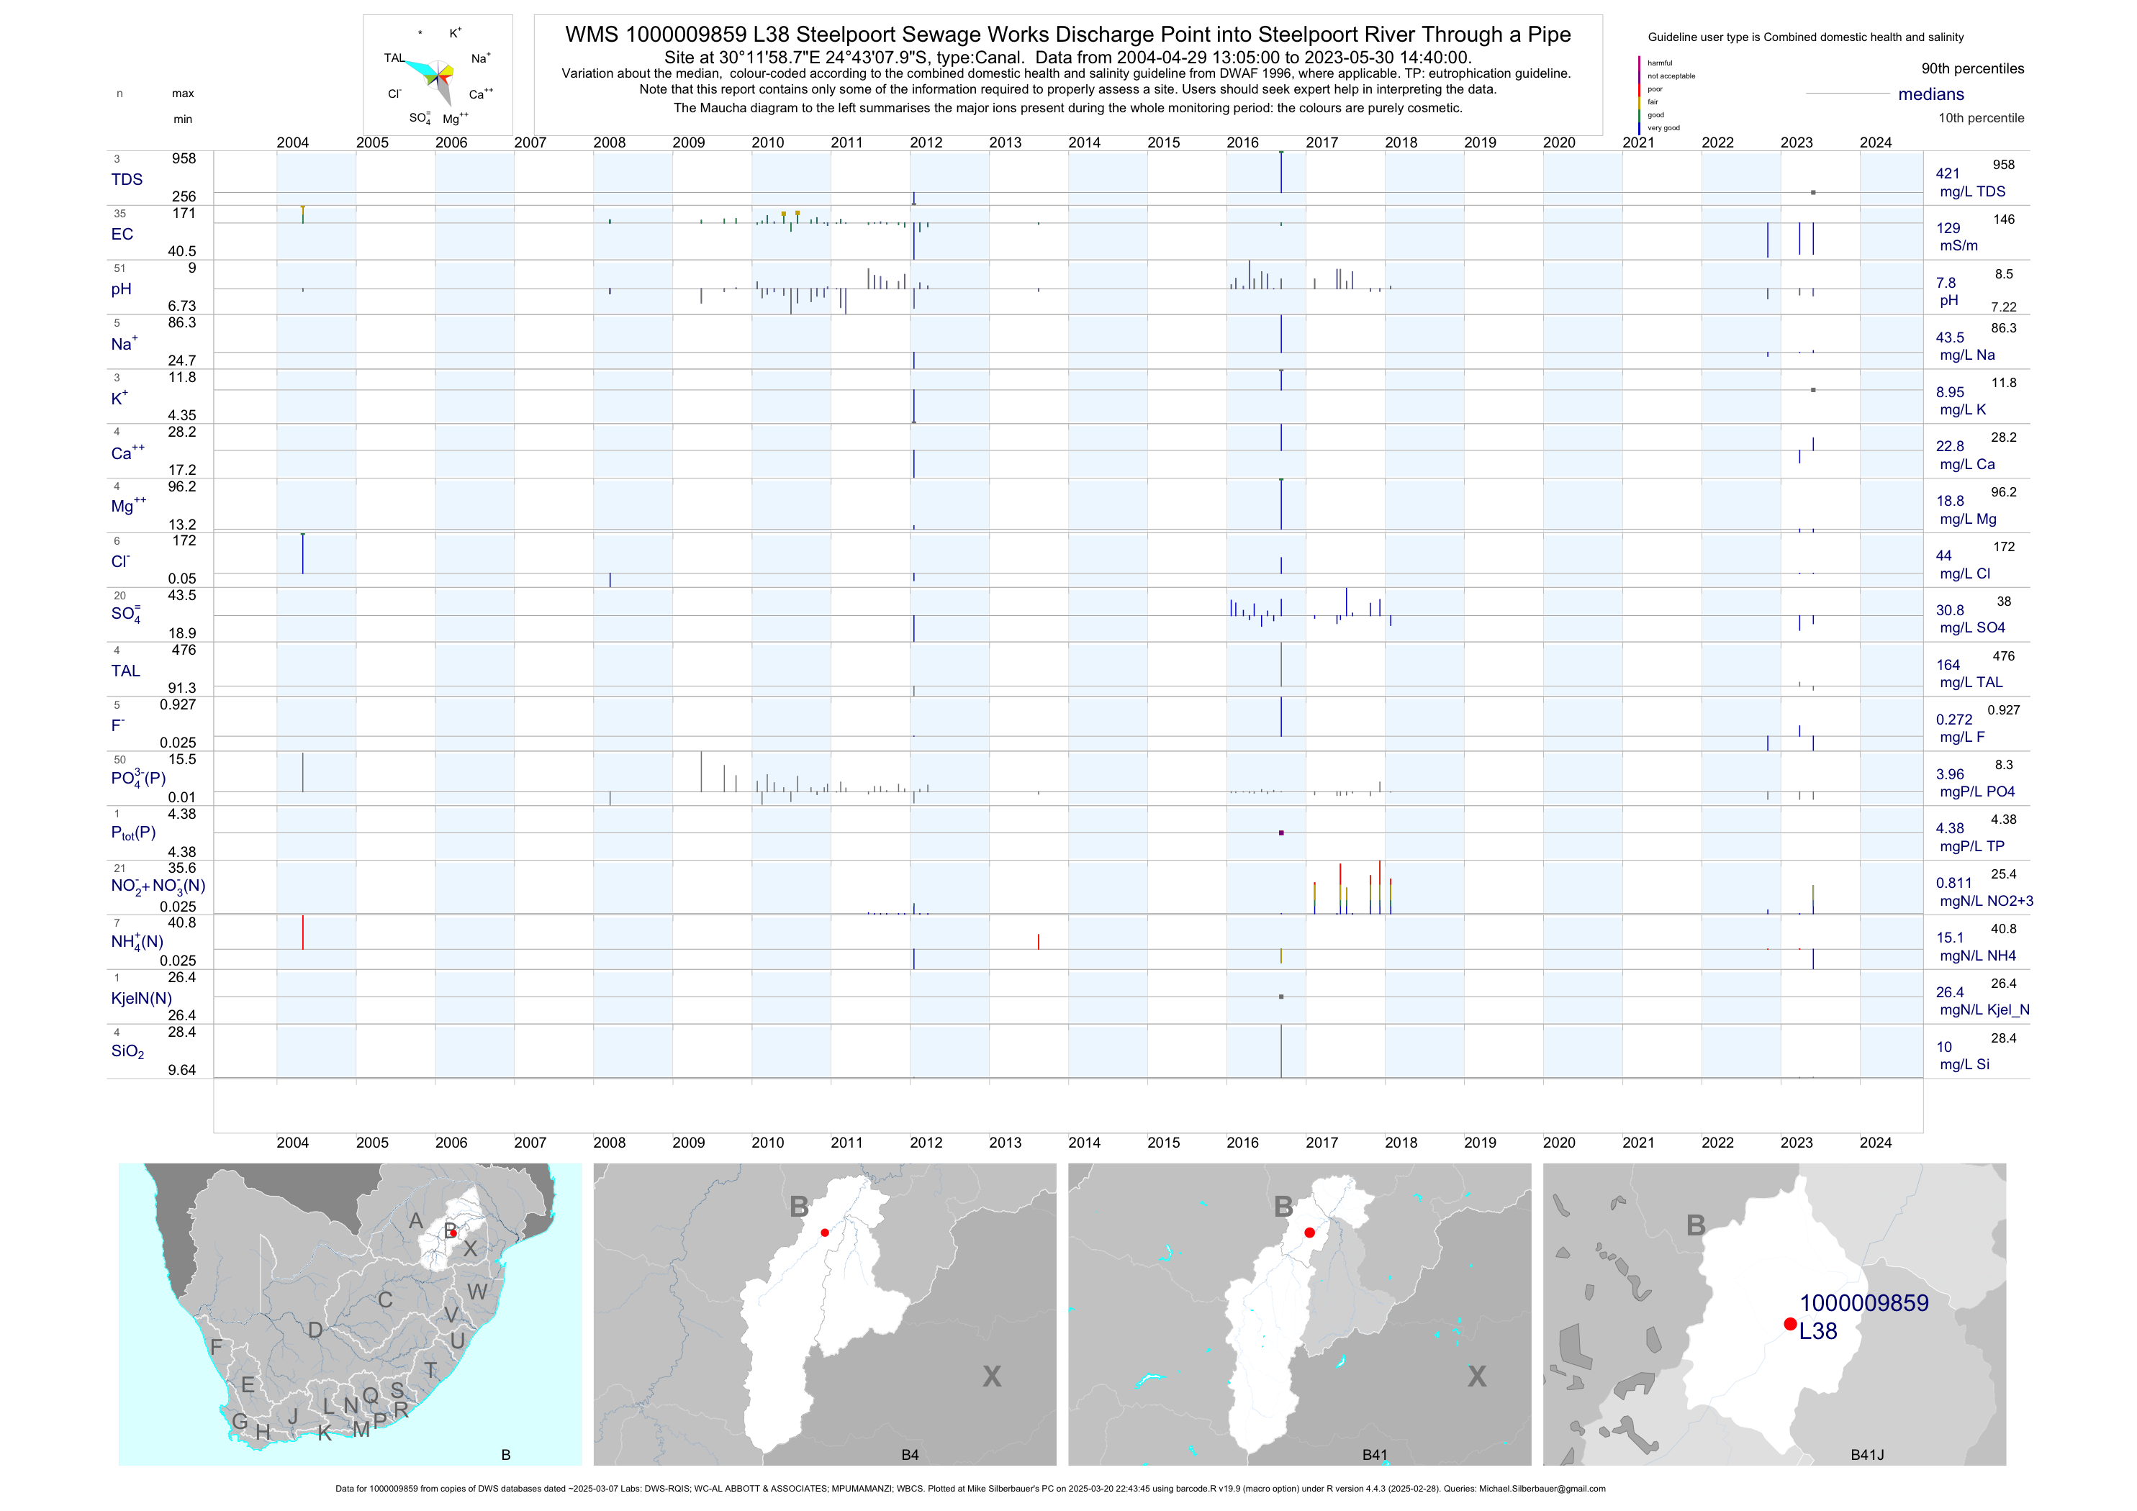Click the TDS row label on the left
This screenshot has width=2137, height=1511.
tap(127, 180)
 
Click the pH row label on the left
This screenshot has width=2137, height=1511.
tap(121, 289)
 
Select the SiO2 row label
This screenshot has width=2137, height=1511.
tap(127, 1051)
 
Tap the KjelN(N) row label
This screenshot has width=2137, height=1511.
tap(140, 999)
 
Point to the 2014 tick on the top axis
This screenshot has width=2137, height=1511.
tap(1084, 142)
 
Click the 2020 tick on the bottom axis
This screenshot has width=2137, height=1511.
tap(1559, 1143)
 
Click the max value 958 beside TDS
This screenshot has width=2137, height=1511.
tap(184, 159)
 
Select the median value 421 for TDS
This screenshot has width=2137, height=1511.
tap(1948, 173)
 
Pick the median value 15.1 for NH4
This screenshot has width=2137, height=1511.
tap(1949, 938)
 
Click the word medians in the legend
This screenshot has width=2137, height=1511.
tap(1931, 94)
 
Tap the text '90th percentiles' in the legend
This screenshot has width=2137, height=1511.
tap(1972, 69)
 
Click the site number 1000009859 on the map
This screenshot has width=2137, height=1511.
tap(1863, 1302)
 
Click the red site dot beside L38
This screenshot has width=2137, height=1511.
tap(1790, 1324)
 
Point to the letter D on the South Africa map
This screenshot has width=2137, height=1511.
tap(315, 1330)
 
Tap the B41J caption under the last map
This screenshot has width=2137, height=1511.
tap(1866, 1455)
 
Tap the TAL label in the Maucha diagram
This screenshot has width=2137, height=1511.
tap(394, 58)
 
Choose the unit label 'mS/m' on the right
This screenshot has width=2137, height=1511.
tap(1958, 245)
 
